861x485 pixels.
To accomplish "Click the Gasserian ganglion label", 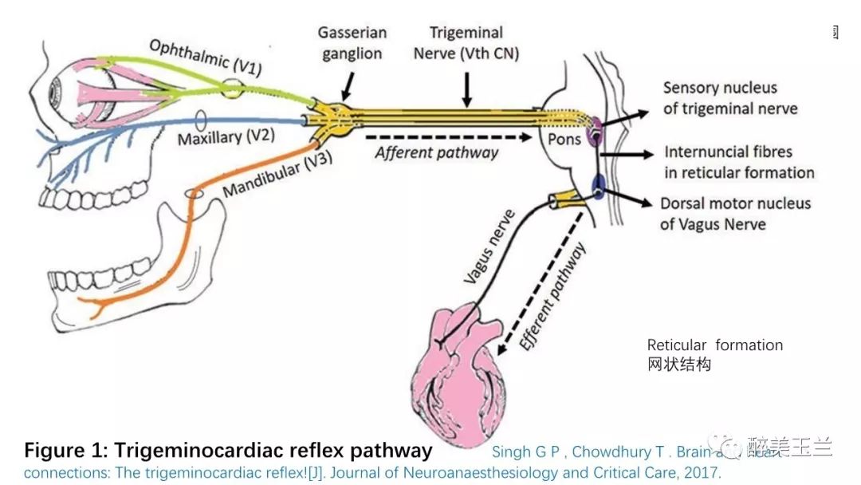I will pyautogui.click(x=352, y=43).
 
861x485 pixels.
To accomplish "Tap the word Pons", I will pyautogui.click(x=564, y=140).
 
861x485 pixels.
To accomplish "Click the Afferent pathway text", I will pyautogui.click(x=437, y=152).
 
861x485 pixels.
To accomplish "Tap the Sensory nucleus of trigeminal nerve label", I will pyautogui.click(x=730, y=97).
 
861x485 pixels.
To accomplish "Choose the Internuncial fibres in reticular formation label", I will pyautogui.click(x=738, y=162).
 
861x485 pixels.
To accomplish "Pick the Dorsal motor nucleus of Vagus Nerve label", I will pyautogui.click(x=734, y=213).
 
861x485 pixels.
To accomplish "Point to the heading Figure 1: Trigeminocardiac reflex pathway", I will pyautogui.click(x=228, y=450).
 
